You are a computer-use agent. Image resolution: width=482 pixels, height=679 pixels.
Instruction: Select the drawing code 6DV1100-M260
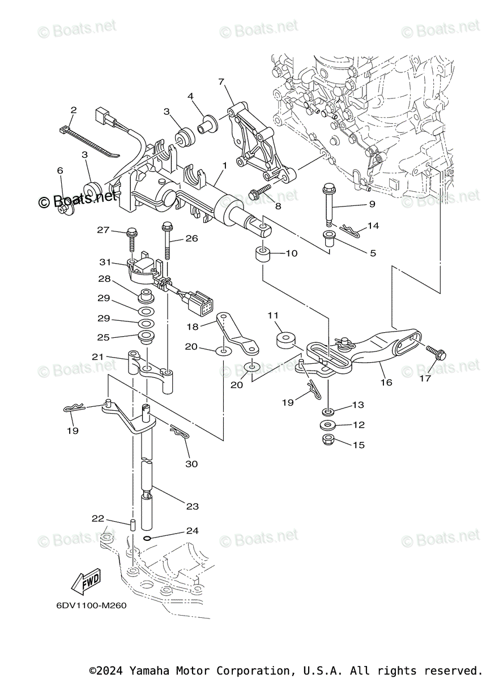tap(91, 605)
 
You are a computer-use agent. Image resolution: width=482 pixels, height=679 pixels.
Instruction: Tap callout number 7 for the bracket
tap(221, 81)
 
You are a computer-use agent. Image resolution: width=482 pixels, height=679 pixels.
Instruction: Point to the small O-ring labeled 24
tap(147, 538)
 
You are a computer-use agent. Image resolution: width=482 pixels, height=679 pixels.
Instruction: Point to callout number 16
tap(385, 383)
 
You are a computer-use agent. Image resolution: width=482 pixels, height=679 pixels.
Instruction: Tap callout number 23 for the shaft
tap(193, 506)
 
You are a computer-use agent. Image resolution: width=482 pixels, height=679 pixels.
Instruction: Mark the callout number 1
tap(224, 166)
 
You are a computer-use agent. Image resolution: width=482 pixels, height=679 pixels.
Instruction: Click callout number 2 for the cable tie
tap(73, 110)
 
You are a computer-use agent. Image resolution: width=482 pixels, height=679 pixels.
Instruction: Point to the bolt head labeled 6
tap(66, 210)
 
